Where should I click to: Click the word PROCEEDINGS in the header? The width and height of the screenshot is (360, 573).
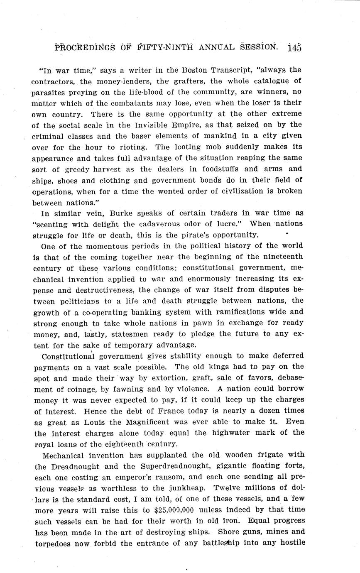click(85, 47)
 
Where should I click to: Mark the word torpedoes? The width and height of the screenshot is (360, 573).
click(49, 544)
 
